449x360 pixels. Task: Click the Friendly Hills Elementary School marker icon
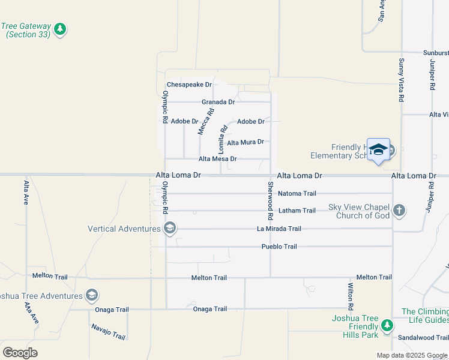pyautogui.click(x=378, y=150)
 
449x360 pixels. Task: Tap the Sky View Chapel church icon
pyautogui.click(x=399, y=211)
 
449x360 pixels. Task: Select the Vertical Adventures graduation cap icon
pyautogui.click(x=170, y=228)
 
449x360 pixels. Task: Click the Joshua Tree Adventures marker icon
pyautogui.click(x=92, y=295)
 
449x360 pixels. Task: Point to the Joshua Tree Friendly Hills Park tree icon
pyautogui.click(x=387, y=326)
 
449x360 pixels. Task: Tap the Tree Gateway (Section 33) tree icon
pyautogui.click(x=59, y=29)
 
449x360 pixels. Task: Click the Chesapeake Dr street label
pyautogui.click(x=190, y=85)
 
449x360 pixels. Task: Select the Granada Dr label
pyautogui.click(x=217, y=102)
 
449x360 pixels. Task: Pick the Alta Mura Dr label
pyautogui.click(x=246, y=142)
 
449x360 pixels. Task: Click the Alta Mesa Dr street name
pyautogui.click(x=217, y=159)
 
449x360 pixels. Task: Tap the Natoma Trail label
pyautogui.click(x=297, y=194)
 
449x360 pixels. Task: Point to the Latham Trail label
pyautogui.click(x=297, y=211)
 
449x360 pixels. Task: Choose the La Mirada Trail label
pyautogui.click(x=279, y=229)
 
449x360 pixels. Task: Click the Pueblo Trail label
pyautogui.click(x=279, y=247)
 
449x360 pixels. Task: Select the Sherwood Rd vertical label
pyautogui.click(x=270, y=200)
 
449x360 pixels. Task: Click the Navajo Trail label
pyautogui.click(x=108, y=331)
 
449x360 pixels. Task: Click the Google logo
pyautogui.click(x=20, y=352)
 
